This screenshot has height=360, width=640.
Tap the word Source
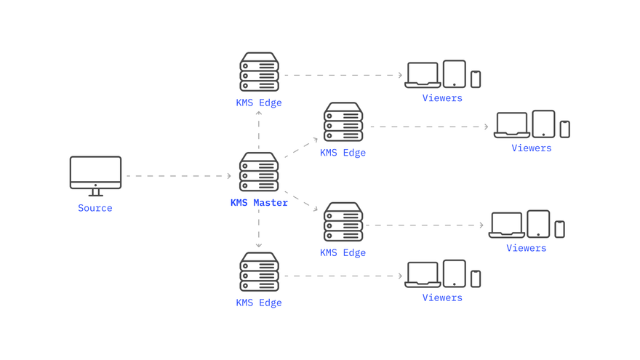[x=95, y=208]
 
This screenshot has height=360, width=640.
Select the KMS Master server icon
[x=259, y=172]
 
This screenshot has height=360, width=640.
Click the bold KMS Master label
[x=259, y=203]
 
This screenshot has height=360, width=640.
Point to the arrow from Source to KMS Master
[x=178, y=176]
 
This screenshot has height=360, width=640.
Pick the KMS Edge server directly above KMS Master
[x=259, y=72]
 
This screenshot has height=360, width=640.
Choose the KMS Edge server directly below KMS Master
[x=259, y=272]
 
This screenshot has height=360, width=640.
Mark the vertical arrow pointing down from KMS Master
[x=259, y=229]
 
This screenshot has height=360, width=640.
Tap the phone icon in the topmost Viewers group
[x=476, y=79]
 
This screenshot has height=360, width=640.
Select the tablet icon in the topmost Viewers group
[x=455, y=74]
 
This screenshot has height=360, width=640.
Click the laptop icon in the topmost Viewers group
[x=423, y=75]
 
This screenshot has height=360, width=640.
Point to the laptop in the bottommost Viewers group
[x=423, y=274]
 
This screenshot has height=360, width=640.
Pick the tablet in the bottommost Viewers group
[x=455, y=273]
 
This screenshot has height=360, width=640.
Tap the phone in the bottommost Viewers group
[x=476, y=278]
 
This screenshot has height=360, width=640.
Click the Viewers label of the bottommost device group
[x=442, y=297]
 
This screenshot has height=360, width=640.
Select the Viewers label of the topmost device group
[x=442, y=98]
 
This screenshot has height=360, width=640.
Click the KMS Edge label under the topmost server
[x=259, y=103]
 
